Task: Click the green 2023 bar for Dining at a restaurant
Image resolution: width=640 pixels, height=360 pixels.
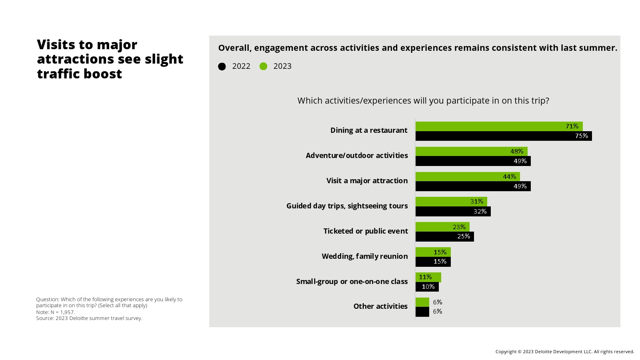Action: pyautogui.click(x=488, y=126)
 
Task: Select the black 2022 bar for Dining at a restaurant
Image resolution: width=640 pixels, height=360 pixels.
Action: pyautogui.click(x=492, y=136)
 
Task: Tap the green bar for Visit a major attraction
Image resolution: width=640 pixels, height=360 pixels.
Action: pyautogui.click(x=460, y=176)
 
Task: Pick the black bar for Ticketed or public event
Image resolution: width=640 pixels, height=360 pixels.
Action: pyautogui.click(x=436, y=236)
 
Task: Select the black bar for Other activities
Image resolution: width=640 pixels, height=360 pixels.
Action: pyautogui.click(x=422, y=312)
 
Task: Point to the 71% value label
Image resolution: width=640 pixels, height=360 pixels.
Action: pyautogui.click(x=572, y=126)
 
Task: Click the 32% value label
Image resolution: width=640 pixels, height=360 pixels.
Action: pyautogui.click(x=480, y=211)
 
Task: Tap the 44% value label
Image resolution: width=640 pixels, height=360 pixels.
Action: pyautogui.click(x=509, y=176)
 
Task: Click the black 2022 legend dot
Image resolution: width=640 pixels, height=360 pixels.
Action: pyautogui.click(x=222, y=66)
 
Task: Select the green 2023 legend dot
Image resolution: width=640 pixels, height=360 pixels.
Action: pyautogui.click(x=263, y=66)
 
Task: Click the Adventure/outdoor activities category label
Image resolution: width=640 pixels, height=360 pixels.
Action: pyautogui.click(x=357, y=155)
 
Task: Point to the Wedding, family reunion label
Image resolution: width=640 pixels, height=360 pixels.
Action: pyautogui.click(x=365, y=256)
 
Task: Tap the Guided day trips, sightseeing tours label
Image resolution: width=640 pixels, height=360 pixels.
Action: pyautogui.click(x=347, y=206)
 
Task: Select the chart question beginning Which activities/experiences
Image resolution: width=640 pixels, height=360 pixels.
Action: pyautogui.click(x=423, y=100)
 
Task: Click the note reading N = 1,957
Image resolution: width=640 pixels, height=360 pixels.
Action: pyautogui.click(x=55, y=312)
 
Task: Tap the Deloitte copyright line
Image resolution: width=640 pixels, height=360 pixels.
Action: pyautogui.click(x=565, y=352)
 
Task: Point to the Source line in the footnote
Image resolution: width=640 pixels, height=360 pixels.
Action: pyautogui.click(x=89, y=318)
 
